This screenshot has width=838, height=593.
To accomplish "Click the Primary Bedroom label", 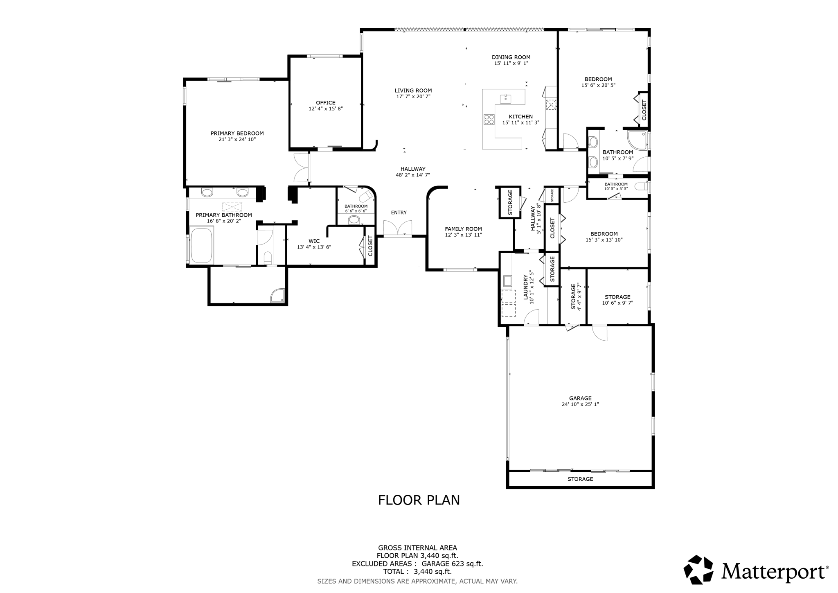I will (237, 133).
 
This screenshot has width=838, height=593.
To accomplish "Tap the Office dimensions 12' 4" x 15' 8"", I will (325, 109).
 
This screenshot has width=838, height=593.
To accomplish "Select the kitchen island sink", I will (506, 99).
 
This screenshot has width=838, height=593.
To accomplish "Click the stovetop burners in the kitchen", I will (489, 119).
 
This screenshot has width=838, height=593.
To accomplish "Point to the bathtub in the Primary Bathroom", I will (201, 245).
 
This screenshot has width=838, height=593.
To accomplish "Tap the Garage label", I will (580, 398).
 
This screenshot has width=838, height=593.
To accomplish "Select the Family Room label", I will (463, 229).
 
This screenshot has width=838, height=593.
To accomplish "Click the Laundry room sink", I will (508, 281).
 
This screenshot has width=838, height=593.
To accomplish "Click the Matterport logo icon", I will (699, 570).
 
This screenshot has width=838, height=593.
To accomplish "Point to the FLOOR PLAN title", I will (419, 500).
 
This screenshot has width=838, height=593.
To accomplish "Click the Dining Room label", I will (511, 57).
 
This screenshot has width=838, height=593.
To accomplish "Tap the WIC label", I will (314, 241).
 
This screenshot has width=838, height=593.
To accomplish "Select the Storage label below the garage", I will (580, 479).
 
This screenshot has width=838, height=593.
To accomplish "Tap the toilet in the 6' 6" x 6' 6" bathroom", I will (354, 220).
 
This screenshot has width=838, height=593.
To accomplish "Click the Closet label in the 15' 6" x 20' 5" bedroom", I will (644, 110).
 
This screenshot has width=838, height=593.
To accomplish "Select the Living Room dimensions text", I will (413, 97).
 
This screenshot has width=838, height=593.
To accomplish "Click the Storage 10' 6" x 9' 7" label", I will (617, 297).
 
